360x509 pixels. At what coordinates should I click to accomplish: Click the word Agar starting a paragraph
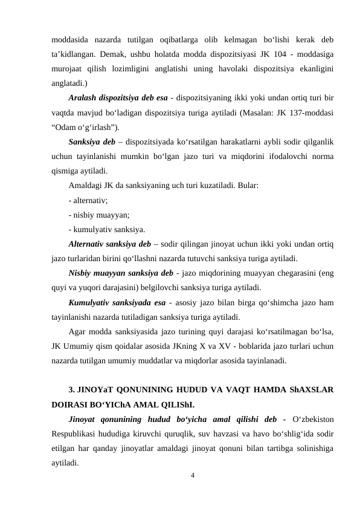(79, 331)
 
